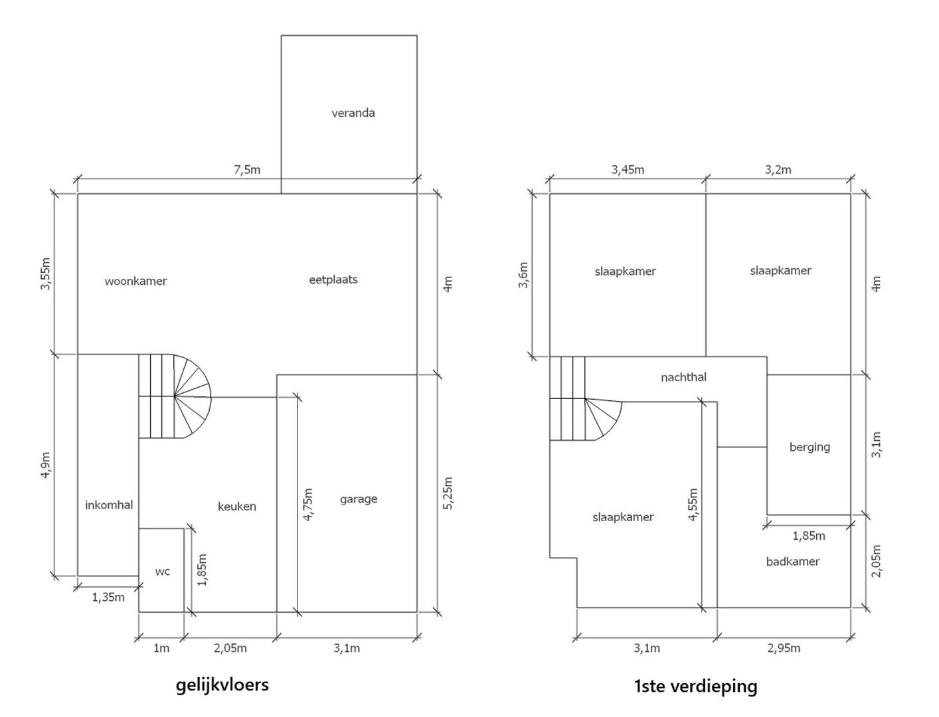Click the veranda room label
(x=353, y=113)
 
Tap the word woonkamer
(x=135, y=281)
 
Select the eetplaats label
(x=333, y=279)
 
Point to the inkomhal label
(x=109, y=505)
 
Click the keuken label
(x=237, y=507)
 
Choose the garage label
(x=359, y=499)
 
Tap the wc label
(x=163, y=572)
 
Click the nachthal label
(x=683, y=377)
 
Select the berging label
(x=810, y=447)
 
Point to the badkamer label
(x=793, y=562)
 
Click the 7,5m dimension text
(x=247, y=170)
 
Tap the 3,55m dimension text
(x=45, y=274)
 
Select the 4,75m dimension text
(x=307, y=505)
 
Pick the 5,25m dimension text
(x=448, y=493)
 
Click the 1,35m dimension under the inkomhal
(x=108, y=597)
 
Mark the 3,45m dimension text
(x=628, y=170)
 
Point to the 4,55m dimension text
(x=693, y=505)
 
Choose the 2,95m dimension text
(x=784, y=648)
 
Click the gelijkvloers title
(x=222, y=685)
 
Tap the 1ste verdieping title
(x=695, y=686)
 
